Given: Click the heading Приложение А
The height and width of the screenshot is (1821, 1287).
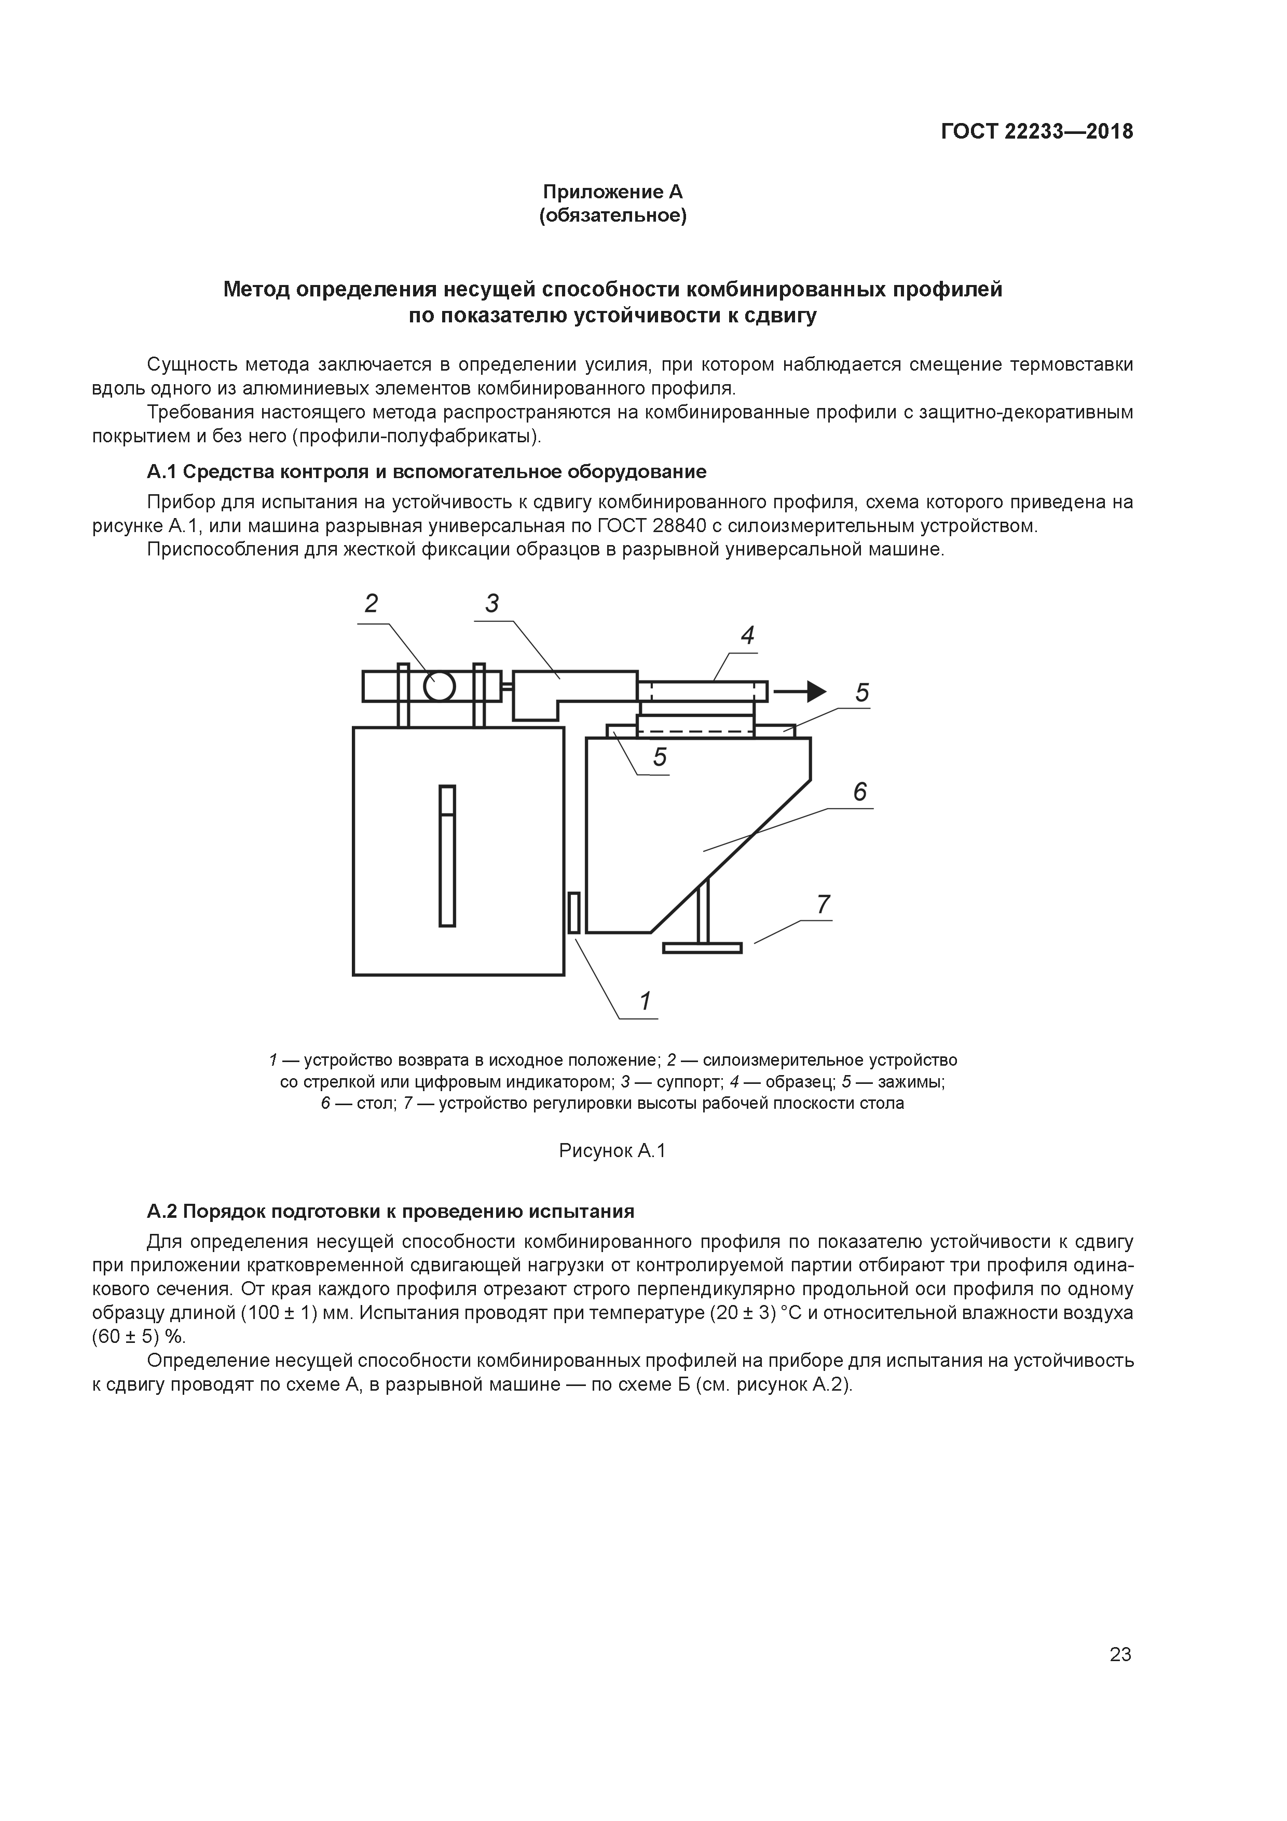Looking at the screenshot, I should click(x=612, y=192).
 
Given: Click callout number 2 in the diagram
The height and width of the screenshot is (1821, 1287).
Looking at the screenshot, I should click(x=371, y=604).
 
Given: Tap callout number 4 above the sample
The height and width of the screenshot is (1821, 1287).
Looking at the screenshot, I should click(x=747, y=635).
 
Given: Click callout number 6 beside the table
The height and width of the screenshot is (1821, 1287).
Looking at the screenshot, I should click(x=859, y=792).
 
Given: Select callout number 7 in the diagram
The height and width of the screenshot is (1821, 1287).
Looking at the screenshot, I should click(x=823, y=904).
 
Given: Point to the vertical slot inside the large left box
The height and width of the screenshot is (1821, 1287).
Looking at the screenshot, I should click(x=447, y=856).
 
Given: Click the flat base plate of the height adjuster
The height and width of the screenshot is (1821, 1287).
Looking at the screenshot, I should click(x=702, y=947).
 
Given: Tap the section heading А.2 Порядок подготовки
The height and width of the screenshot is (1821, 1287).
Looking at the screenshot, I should click(x=391, y=1211).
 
